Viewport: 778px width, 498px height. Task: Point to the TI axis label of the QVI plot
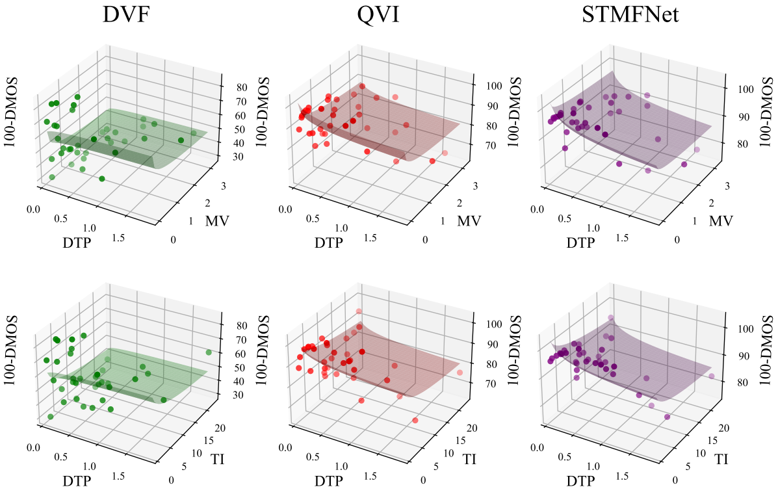(x=470, y=458)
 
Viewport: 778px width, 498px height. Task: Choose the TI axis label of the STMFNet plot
(x=721, y=458)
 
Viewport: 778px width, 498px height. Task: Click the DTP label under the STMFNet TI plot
(x=580, y=482)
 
